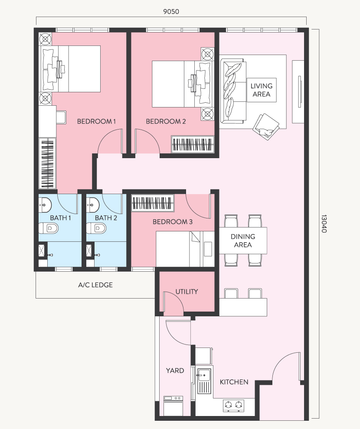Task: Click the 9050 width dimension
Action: (x=171, y=12)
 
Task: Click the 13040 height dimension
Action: (x=324, y=224)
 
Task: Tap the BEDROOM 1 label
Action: (x=96, y=121)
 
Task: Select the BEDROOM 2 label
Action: (x=166, y=121)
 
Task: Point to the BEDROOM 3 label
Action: (x=173, y=221)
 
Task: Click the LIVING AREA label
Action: (x=262, y=90)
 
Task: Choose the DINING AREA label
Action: (x=243, y=240)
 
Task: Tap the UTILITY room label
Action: (x=187, y=292)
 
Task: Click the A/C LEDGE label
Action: (x=95, y=285)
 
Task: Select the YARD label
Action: (x=175, y=370)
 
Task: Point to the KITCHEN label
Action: (x=234, y=382)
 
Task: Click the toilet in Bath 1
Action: (x=49, y=228)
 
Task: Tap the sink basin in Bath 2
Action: (x=92, y=205)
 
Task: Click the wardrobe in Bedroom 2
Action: (x=193, y=144)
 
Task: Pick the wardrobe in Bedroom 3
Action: (x=153, y=203)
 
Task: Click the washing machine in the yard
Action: (x=173, y=406)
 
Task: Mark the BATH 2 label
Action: (x=106, y=218)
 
